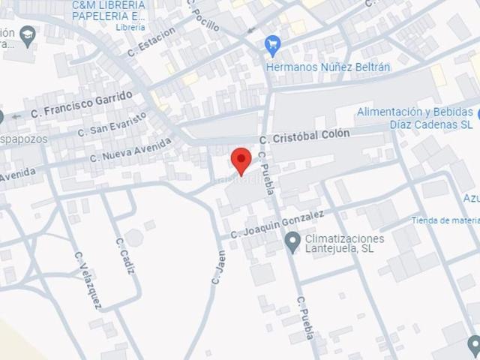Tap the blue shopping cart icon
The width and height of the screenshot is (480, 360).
point(273,45)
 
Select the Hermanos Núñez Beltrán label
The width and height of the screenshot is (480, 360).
point(328,67)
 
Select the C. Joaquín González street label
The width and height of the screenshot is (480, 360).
point(277,223)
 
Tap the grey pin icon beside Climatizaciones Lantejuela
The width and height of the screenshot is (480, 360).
point(292,241)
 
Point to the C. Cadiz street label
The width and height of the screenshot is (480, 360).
point(124,256)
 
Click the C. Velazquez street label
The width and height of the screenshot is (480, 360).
point(88,280)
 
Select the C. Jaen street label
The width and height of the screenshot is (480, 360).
point(218,265)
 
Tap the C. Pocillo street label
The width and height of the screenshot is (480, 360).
point(203,16)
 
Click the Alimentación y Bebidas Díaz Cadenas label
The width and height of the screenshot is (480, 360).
point(414,118)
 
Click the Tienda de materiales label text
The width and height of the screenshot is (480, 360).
point(445,220)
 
